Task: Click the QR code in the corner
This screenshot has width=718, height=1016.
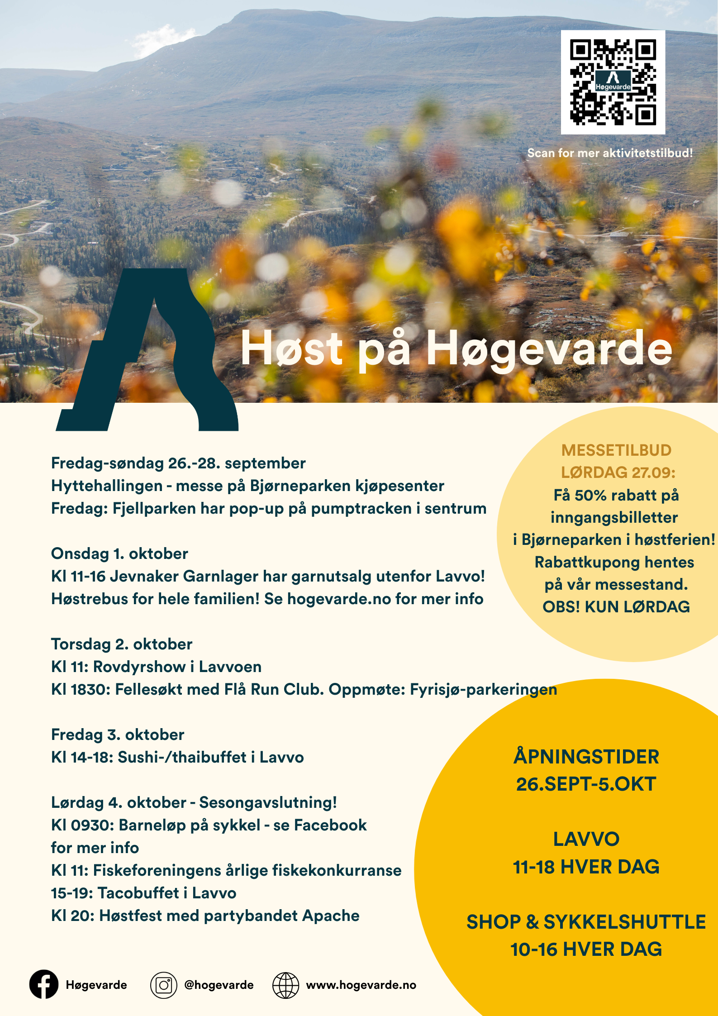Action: [613, 82]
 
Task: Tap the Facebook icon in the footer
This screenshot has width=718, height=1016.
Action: [44, 984]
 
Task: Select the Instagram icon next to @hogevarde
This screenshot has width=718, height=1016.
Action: [163, 985]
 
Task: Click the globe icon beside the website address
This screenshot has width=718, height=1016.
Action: [285, 985]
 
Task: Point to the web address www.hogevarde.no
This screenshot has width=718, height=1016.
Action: [361, 985]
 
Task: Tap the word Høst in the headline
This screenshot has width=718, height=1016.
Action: [291, 348]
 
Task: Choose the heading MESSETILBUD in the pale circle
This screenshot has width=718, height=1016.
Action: [616, 450]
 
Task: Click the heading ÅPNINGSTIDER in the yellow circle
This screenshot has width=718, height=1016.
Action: [586, 757]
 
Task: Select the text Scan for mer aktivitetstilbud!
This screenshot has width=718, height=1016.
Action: [610, 153]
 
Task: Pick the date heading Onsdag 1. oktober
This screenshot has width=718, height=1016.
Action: [119, 553]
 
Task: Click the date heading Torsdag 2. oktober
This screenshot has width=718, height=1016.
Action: [122, 644]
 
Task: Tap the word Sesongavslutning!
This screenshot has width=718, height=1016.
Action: [268, 802]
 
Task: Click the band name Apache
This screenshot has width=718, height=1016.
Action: [331, 916]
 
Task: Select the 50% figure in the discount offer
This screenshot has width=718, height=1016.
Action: [590, 495]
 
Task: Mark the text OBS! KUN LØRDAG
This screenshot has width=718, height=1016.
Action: [616, 607]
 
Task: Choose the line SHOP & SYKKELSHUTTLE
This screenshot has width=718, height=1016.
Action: [586, 922]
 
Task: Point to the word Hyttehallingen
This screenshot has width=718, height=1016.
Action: [107, 486]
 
